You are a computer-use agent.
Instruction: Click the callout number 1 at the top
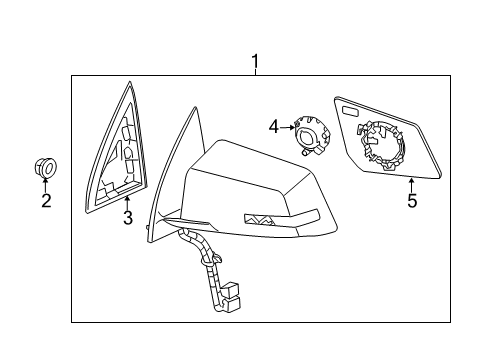[x=255, y=62]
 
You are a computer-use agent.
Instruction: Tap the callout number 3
[x=128, y=217]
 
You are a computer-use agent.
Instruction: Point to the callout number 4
[x=274, y=127]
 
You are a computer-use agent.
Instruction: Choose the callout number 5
[x=410, y=200]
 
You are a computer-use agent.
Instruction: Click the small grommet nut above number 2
[x=46, y=167]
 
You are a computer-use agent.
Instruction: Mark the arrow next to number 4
[x=287, y=127]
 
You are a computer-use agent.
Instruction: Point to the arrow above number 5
[x=410, y=184]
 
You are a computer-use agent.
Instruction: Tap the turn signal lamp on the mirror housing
[x=261, y=220]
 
